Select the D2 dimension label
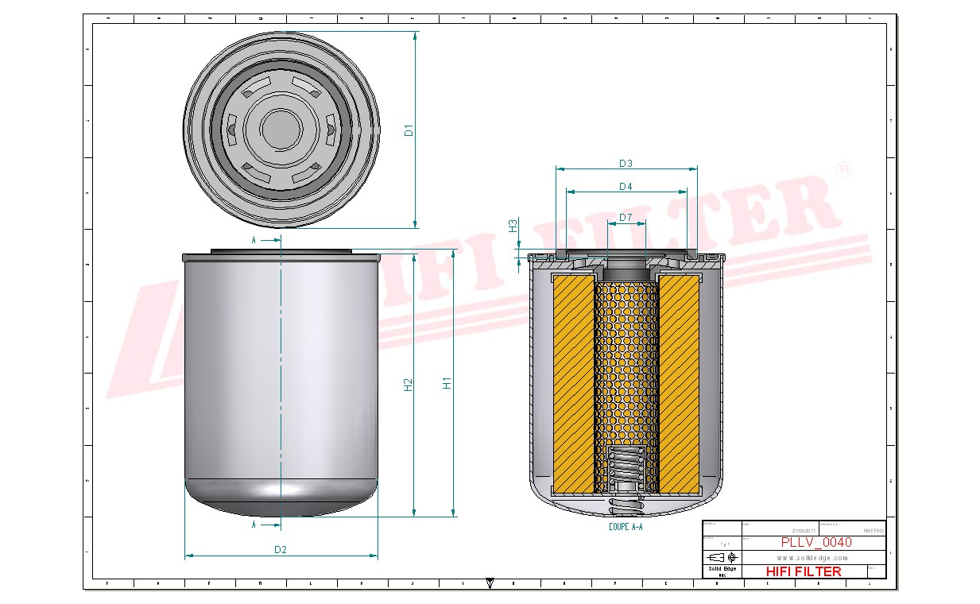280,549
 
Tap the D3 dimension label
626,164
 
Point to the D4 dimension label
626,187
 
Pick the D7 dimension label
626,217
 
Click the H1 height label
447,382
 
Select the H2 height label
409,385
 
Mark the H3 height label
513,226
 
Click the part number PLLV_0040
815,542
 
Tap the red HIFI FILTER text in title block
804,571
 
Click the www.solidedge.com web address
812,558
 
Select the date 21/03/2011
804,530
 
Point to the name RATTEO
872,530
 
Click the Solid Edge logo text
722,569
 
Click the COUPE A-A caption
626,526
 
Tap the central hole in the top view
279,128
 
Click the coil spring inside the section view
626,469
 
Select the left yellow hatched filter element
573,381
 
